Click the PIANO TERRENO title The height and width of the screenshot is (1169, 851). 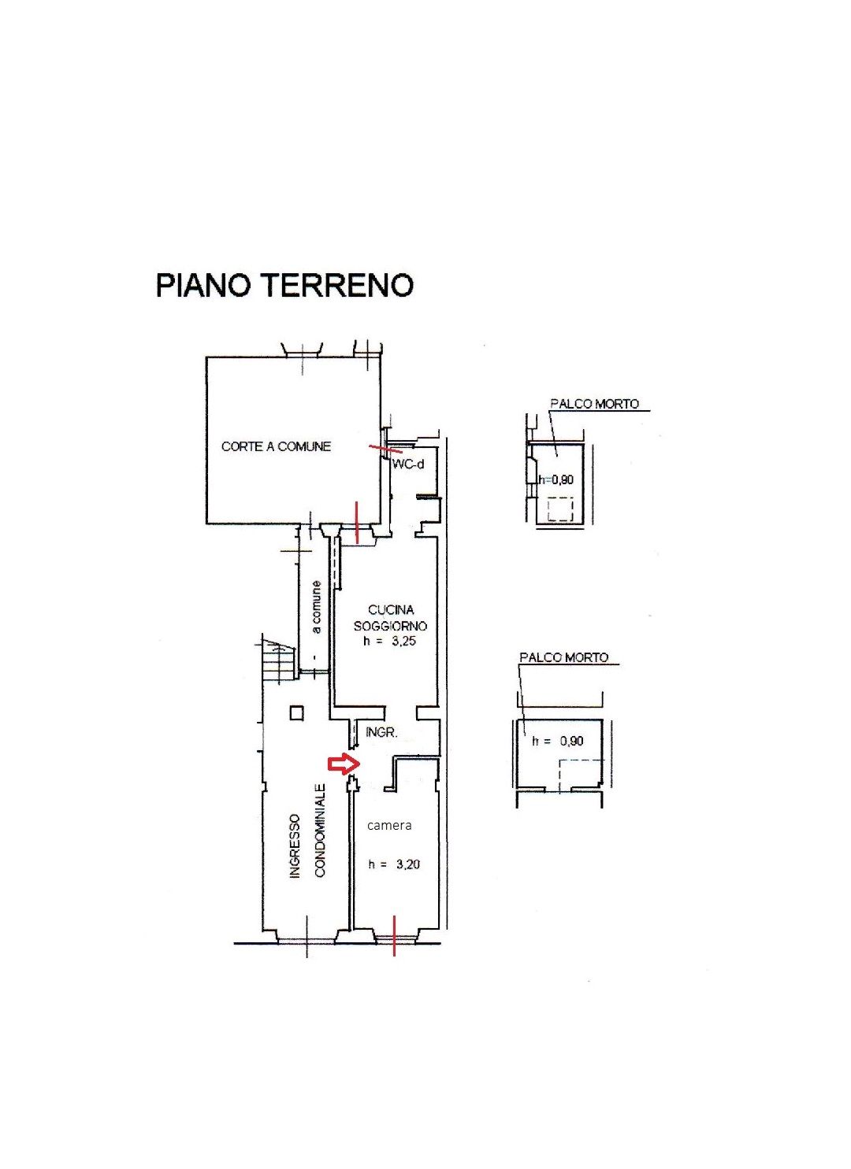(284, 285)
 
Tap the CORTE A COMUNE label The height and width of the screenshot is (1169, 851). (276, 446)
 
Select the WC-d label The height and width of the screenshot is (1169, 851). (408, 464)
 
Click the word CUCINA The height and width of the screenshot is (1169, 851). (391, 609)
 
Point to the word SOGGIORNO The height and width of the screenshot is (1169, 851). (391, 626)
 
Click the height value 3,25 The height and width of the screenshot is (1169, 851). (404, 642)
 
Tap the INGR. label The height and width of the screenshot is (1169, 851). (381, 733)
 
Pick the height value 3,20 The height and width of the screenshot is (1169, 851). (408, 865)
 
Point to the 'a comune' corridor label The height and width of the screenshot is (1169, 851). (316, 607)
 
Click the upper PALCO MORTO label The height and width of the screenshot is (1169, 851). (594, 403)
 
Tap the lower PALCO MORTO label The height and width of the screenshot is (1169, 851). (564, 657)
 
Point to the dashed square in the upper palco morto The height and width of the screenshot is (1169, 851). (560, 509)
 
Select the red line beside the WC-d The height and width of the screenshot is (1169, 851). (385, 449)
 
